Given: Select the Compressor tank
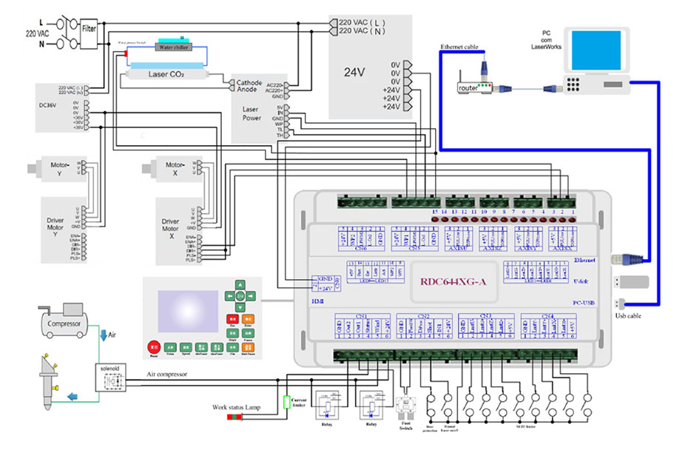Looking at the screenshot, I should coord(64,323).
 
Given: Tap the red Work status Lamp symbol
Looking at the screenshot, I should coord(237,417).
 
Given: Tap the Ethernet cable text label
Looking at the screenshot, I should coord(459,47).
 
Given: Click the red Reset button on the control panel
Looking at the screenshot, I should coord(155,346).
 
